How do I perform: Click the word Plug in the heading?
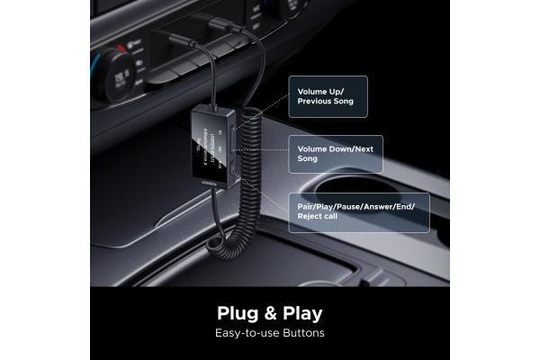pyautogui.click(x=238, y=313)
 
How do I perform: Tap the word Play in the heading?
pyautogui.click(x=300, y=313)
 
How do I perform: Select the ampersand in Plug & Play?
pyautogui.click(x=269, y=314)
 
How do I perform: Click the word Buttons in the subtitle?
pyautogui.click(x=301, y=334)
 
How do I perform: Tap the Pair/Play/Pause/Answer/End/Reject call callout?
pyautogui.click(x=358, y=211)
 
